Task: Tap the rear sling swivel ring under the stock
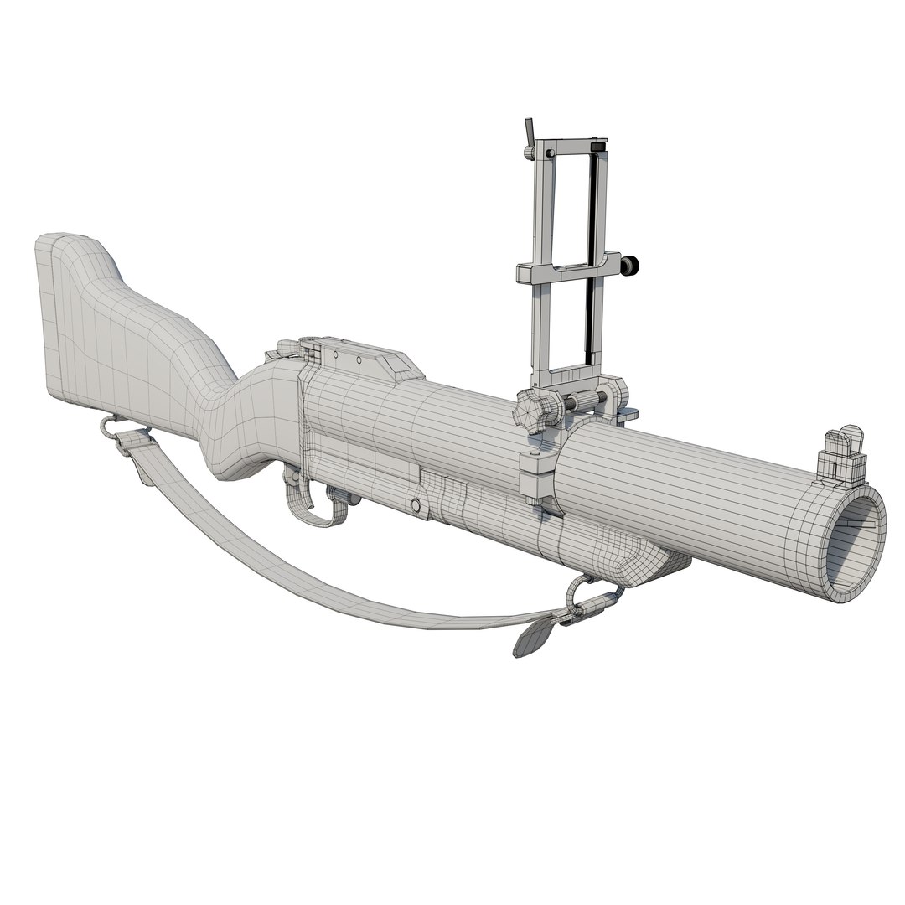tap(108, 427)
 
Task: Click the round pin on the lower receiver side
tap(415, 504)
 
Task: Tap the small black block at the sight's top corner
tap(597, 148)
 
